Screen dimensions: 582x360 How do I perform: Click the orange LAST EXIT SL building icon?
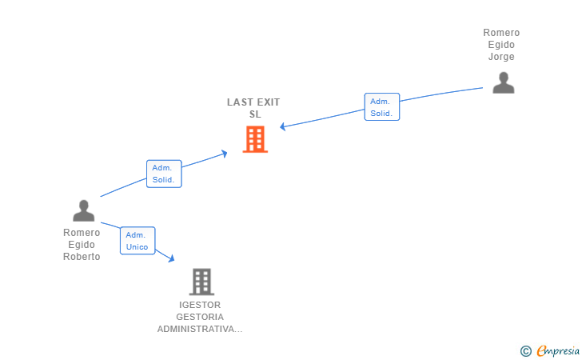pos(255,139)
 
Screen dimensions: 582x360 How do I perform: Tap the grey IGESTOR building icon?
pos(201,282)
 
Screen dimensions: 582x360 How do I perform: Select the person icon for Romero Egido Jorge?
pos(503,83)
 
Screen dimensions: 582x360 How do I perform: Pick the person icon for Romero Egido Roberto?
pos(83,210)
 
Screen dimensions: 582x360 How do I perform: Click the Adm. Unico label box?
pos(138,241)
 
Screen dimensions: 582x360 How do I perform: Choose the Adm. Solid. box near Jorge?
pos(381,107)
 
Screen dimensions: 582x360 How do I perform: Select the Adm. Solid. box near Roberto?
pos(165,174)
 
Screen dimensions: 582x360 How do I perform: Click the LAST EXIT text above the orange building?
pos(253,102)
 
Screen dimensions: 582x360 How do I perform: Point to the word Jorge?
pos(501,57)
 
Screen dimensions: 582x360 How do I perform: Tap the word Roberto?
pos(82,257)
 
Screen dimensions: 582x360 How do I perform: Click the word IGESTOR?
pos(200,305)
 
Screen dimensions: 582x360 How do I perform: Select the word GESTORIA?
pos(200,317)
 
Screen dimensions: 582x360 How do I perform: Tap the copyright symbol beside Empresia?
pos(525,350)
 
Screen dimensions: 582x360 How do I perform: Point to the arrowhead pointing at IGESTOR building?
pos(171,258)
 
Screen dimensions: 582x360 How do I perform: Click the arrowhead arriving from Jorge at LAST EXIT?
pos(283,126)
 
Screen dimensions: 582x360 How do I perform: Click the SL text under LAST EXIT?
pos(255,114)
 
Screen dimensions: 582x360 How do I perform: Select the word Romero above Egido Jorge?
pos(501,33)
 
